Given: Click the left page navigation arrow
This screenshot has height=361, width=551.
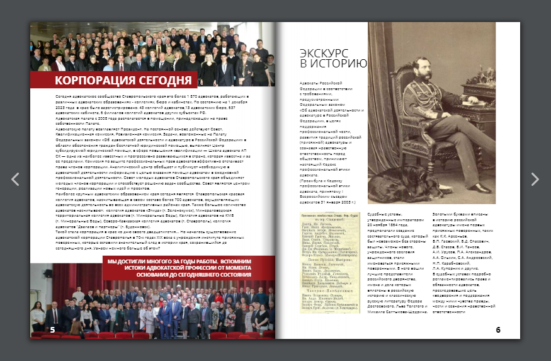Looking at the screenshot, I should tap(16, 179).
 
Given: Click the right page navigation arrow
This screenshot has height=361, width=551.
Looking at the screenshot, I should tap(535, 179).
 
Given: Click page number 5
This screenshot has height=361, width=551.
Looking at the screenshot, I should tap(52, 329).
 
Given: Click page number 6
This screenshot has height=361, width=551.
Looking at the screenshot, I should tap(497, 329).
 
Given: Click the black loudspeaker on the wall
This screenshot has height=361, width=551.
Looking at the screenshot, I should tap(48, 273).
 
